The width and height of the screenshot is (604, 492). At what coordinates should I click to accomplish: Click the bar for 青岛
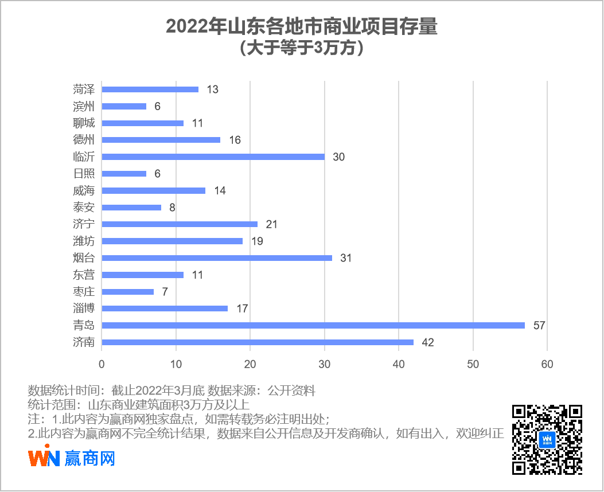tap(313, 325)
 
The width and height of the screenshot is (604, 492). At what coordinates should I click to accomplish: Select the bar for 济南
tap(258, 342)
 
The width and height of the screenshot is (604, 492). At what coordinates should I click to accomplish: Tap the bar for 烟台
tap(217, 258)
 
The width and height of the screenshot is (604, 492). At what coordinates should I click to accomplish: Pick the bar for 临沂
tap(213, 157)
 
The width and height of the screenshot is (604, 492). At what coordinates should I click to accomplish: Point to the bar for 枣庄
tap(128, 292)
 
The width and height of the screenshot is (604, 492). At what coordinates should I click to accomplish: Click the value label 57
tap(539, 326)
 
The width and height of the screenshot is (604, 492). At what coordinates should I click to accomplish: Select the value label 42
tap(427, 343)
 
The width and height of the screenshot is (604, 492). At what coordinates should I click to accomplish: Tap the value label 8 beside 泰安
tap(172, 208)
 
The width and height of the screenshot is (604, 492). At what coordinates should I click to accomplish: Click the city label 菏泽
tap(84, 89)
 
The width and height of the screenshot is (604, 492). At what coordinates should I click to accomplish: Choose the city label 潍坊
tap(84, 241)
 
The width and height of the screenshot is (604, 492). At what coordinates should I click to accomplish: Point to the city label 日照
tap(84, 174)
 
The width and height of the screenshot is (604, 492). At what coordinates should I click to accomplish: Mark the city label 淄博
tap(84, 309)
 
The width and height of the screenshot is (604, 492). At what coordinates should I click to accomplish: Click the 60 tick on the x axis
tap(547, 364)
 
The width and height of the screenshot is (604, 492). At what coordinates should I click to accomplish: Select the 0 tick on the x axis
tap(102, 364)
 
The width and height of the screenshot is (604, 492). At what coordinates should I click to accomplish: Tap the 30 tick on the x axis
tap(325, 364)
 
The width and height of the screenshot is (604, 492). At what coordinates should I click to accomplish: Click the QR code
tap(547, 439)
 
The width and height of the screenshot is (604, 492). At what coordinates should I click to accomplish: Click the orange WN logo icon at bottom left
tap(44, 459)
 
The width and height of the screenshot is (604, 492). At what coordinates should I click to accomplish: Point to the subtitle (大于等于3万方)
tap(302, 48)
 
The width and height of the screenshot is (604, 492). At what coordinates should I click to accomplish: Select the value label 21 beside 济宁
tap(271, 224)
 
